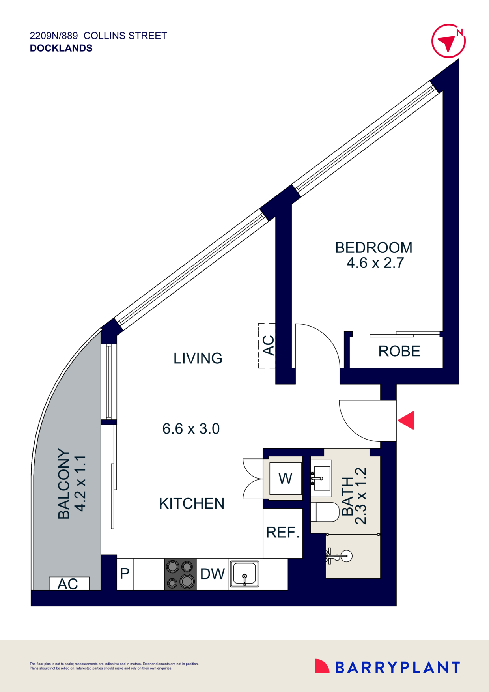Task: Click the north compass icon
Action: tap(448, 41)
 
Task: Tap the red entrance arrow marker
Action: tap(407, 420)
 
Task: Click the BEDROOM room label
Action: tap(373, 248)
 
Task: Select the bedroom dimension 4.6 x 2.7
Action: tap(375, 263)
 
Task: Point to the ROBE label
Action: tap(399, 351)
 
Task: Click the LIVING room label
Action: tap(198, 358)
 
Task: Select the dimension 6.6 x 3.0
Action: tap(191, 429)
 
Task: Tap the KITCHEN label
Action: tap(192, 503)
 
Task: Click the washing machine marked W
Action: tap(285, 479)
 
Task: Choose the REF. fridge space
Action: tap(283, 533)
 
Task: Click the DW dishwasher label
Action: tap(212, 574)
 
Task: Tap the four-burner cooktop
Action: tap(180, 574)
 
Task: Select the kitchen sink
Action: tap(244, 574)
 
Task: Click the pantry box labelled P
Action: tap(125, 574)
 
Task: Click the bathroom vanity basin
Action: tap(322, 478)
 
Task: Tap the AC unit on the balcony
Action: tap(69, 584)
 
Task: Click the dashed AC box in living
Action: tap(267, 346)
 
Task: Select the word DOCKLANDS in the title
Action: tap(61, 48)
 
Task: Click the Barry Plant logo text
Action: tap(398, 668)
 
